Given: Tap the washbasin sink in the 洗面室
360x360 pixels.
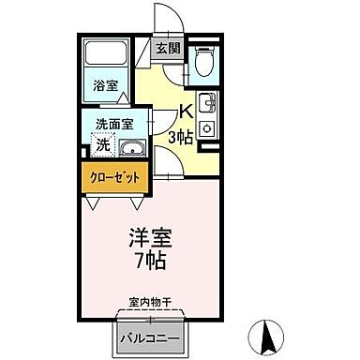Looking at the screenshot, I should click(x=132, y=145).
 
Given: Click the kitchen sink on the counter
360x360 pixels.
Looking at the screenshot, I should click(x=207, y=102).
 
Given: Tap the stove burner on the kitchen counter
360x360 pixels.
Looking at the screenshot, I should click(x=207, y=128).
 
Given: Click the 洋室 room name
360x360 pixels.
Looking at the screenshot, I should click(x=146, y=237).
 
